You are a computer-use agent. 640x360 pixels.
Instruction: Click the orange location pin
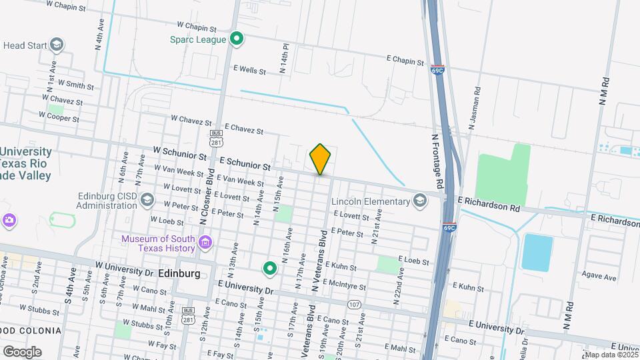[x=320, y=159]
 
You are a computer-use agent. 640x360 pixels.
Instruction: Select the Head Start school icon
[x=57, y=45]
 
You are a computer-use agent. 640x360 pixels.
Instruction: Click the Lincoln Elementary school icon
[x=419, y=201]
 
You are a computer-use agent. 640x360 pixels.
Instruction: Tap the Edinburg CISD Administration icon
[x=147, y=201]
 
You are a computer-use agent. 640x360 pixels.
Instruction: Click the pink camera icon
[x=9, y=219]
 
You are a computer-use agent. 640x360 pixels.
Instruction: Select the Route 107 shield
[x=353, y=304]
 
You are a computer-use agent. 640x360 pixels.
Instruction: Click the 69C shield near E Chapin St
[x=437, y=69]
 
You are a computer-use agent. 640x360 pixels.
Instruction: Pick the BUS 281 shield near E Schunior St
[x=216, y=142]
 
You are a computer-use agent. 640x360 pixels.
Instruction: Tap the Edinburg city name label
[x=179, y=273]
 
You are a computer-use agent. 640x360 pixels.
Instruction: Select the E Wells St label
[x=249, y=70]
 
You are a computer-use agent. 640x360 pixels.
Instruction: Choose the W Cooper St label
[x=59, y=118]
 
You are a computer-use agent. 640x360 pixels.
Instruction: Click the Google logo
[x=22, y=351]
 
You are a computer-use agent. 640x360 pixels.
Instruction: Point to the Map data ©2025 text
[x=611, y=355]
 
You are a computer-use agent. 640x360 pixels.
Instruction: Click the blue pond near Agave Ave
[x=537, y=252]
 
